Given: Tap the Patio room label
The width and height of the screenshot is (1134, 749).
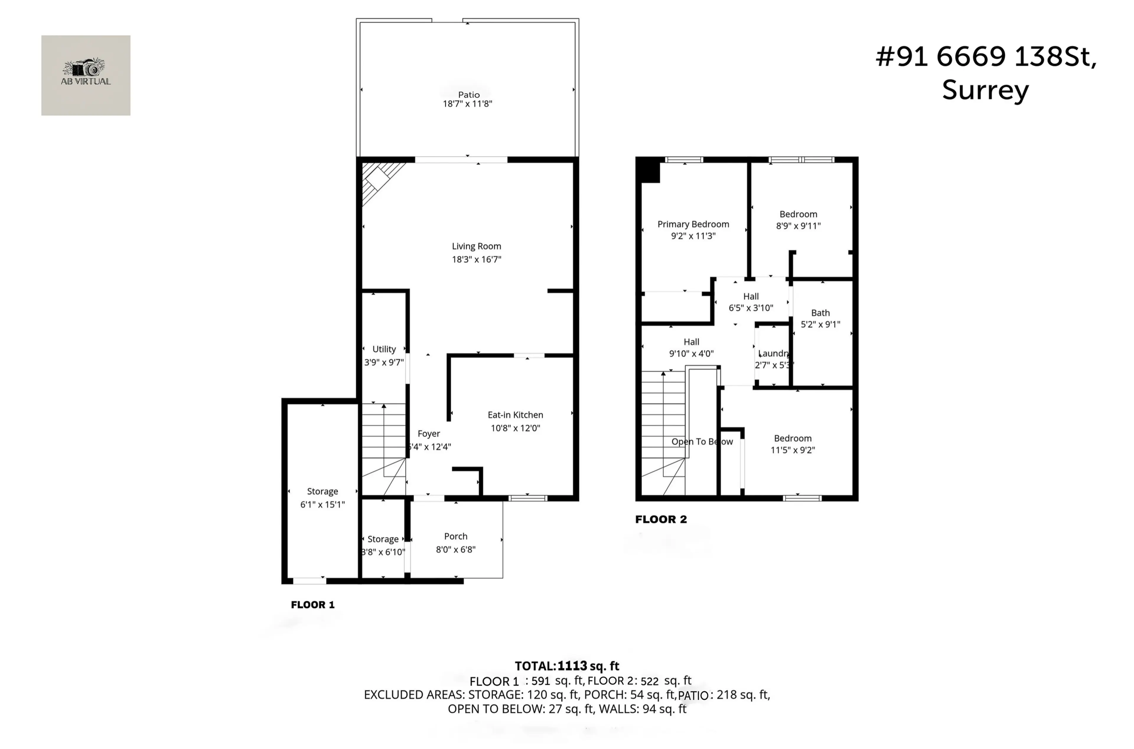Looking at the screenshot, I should [469, 95].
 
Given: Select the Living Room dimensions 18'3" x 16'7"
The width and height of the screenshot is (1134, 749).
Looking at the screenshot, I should [476, 260].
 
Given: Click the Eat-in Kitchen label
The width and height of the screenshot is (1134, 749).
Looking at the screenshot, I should [515, 415].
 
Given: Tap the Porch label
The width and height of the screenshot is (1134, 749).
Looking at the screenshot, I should [455, 536].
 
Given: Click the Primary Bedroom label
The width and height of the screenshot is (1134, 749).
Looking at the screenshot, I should [693, 224].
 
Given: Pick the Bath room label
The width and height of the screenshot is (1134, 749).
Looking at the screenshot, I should [820, 313].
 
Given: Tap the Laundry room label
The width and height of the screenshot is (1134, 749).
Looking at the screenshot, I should [773, 354].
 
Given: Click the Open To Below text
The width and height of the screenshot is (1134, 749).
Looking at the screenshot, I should [702, 442].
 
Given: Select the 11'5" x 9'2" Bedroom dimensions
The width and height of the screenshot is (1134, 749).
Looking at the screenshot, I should [792, 450].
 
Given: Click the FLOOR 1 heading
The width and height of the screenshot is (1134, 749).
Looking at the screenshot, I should [313, 605].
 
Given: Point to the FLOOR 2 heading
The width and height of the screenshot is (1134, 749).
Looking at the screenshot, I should [661, 519].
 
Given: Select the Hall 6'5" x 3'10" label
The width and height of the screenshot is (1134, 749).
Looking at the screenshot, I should [750, 302].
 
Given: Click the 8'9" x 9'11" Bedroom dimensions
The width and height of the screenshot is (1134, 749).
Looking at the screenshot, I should [798, 226].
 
